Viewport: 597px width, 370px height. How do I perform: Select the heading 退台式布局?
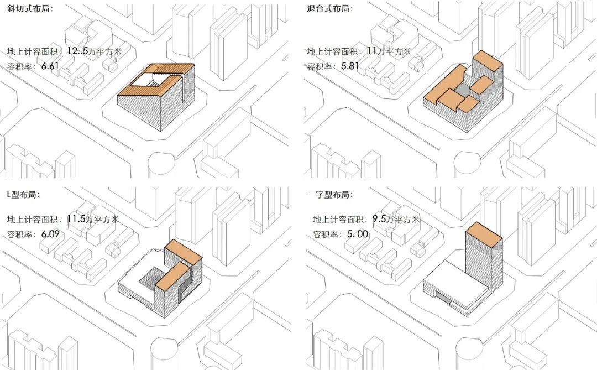pyautogui.click(x=329, y=9)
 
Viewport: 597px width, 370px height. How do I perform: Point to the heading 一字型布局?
pyautogui.click(x=329, y=195)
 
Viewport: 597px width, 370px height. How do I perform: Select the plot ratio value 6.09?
pyautogui.click(x=50, y=234)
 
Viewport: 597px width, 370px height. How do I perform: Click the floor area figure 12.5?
pyautogui.click(x=78, y=51)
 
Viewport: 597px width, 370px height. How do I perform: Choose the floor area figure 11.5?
pyautogui.click(x=76, y=219)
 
